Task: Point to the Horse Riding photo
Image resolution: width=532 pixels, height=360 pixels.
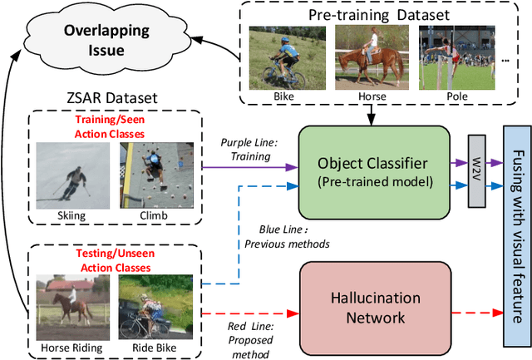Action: [x=71, y=307]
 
